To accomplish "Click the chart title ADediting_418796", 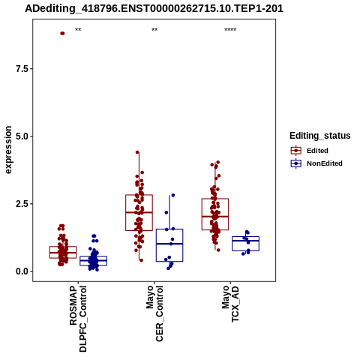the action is (154, 8).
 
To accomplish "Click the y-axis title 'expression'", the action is (8, 150).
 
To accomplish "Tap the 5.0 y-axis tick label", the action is (22, 136).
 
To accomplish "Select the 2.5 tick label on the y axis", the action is (22, 204).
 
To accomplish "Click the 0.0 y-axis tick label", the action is (22, 271).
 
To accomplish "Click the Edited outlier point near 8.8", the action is (62, 34).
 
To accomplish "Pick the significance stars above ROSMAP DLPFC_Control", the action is (78, 30).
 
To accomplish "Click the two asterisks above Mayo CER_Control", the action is (154, 30).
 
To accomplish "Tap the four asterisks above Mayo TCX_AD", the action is (230, 30).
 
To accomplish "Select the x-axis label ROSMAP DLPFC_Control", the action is (78, 319).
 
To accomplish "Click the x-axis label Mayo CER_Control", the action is (154, 313).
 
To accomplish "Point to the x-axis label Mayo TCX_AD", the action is (230, 304).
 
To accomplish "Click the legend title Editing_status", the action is (320, 136).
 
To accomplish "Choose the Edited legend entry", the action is (309, 151).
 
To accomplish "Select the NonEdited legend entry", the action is (316, 163).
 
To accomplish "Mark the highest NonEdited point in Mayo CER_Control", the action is (173, 195).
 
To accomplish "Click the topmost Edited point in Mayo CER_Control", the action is (137, 152).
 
